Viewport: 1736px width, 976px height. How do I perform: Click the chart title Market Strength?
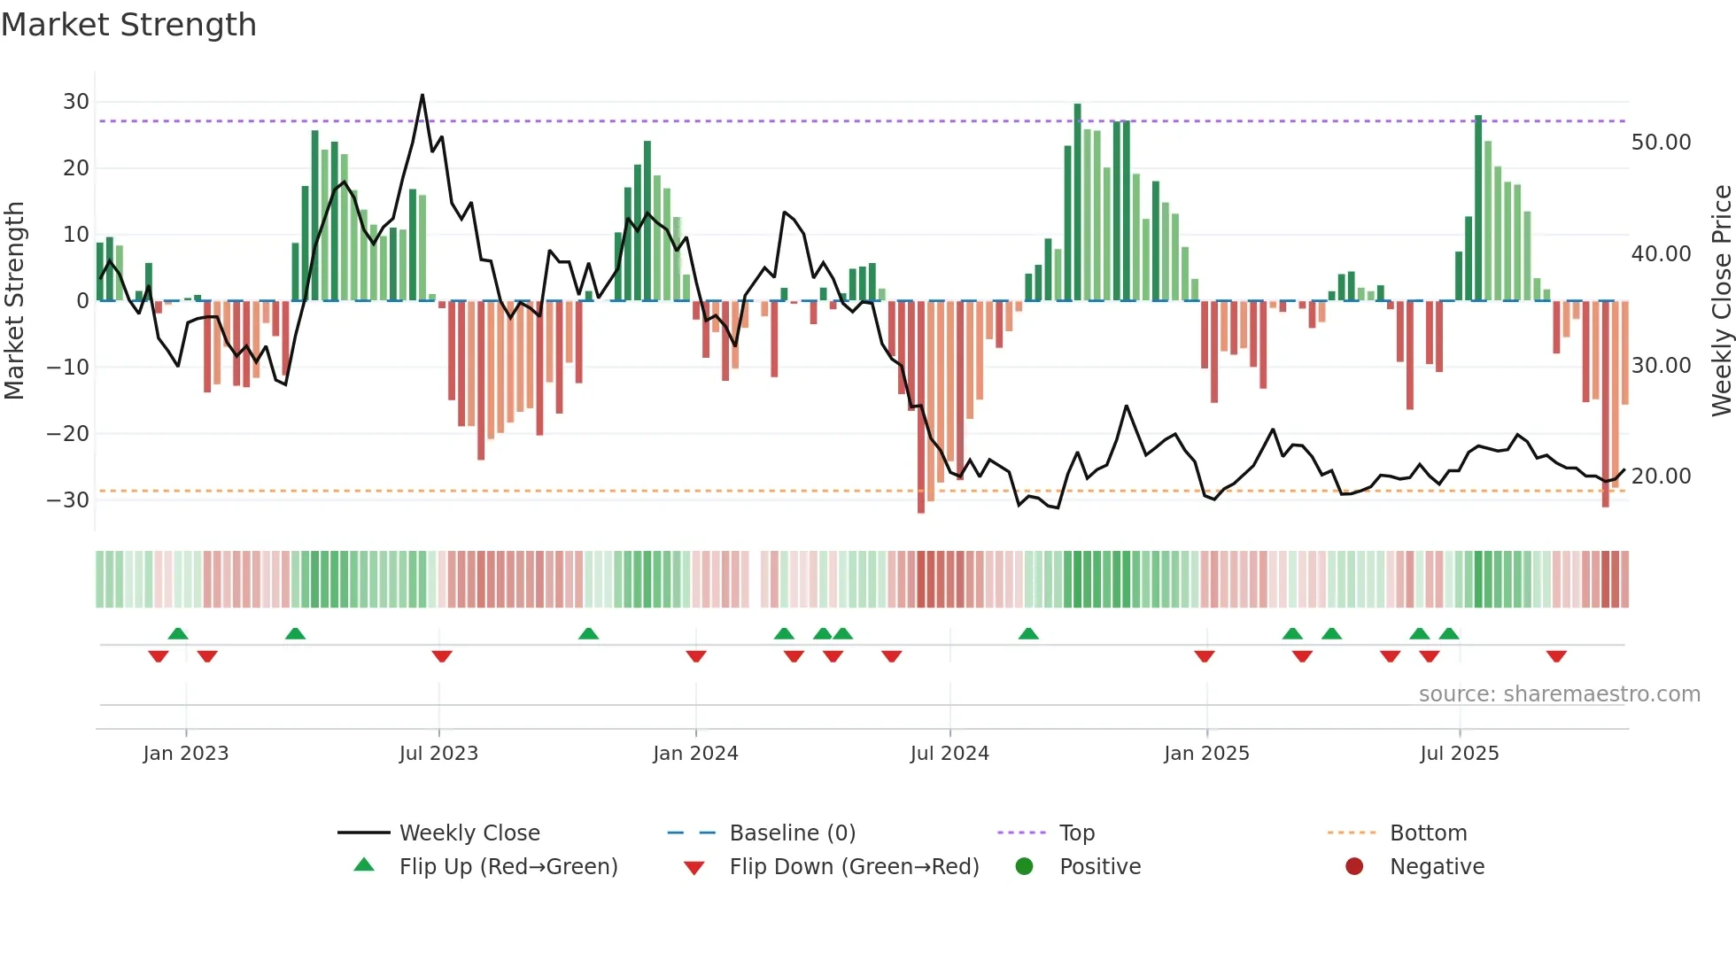point(128,25)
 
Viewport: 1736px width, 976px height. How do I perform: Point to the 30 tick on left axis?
point(76,102)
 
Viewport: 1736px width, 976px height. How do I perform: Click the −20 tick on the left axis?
point(68,434)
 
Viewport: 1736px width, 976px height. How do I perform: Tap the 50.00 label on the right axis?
point(1661,143)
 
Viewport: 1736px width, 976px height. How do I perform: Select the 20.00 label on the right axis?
point(1661,476)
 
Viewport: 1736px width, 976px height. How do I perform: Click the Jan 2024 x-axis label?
point(695,754)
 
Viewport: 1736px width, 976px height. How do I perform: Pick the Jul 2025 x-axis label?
point(1459,754)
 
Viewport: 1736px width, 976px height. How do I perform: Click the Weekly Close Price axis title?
point(1721,301)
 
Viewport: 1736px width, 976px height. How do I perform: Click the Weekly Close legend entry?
point(469,833)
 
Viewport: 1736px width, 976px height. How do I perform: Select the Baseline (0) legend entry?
point(792,833)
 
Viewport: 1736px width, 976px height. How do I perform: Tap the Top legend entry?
point(1077,833)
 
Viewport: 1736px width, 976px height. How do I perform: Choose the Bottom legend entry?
point(1428,833)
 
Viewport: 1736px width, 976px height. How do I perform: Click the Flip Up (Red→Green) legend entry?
point(508,867)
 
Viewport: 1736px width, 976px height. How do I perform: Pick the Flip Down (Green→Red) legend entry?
point(854,867)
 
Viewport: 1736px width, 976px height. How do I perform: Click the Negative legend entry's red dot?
point(1354,866)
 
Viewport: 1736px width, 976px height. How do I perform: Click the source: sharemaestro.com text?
point(1559,694)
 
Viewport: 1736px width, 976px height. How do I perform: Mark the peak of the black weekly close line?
point(422,95)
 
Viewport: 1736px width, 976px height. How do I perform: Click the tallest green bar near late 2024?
point(1077,202)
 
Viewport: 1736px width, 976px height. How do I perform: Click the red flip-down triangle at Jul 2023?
point(442,656)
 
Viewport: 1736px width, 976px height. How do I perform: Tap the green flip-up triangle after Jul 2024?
point(1028,634)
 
